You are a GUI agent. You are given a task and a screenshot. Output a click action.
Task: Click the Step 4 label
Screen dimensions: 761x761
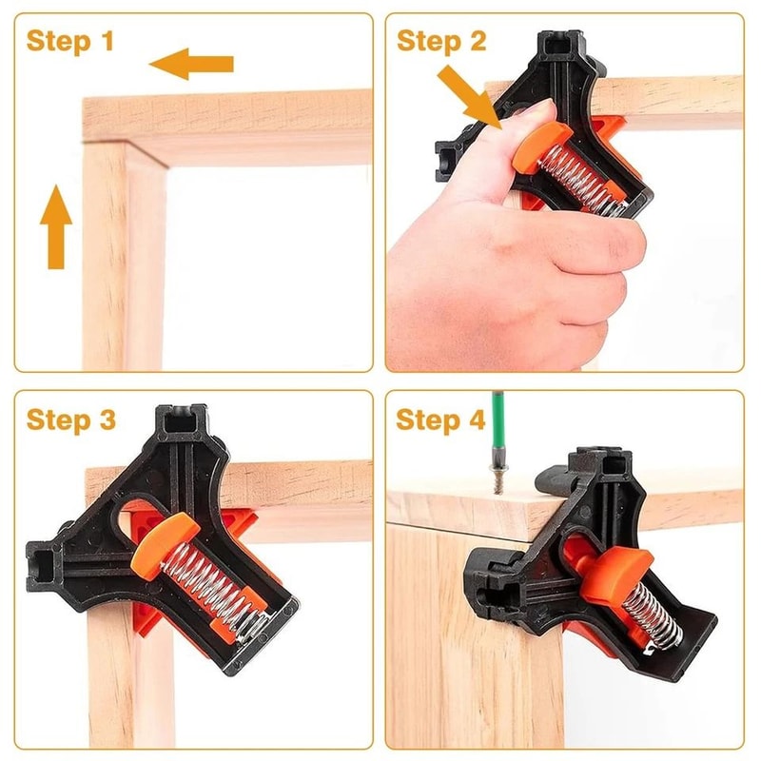(440, 419)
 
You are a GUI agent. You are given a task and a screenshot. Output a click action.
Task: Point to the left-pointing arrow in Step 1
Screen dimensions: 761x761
(191, 65)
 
